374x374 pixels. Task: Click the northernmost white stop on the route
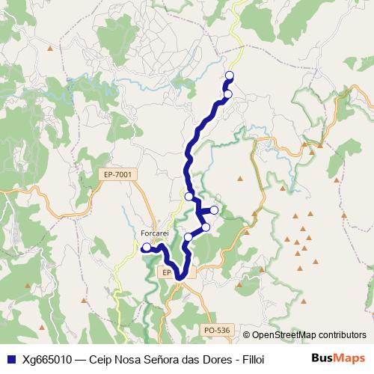pyautogui.click(x=229, y=76)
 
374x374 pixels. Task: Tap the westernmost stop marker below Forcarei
pyautogui.click(x=147, y=247)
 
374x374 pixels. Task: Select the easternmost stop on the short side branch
pyautogui.click(x=214, y=210)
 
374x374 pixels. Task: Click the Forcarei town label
pyautogui.click(x=158, y=233)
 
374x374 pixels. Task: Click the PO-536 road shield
pyautogui.click(x=217, y=329)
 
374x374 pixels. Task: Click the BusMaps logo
pyautogui.click(x=339, y=358)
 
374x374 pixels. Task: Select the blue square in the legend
pyautogui.click(x=10, y=358)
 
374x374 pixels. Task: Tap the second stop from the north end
pyautogui.click(x=227, y=93)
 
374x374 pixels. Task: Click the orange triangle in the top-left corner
pyautogui.click(x=49, y=49)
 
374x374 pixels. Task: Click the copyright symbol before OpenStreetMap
pyautogui.click(x=248, y=335)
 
